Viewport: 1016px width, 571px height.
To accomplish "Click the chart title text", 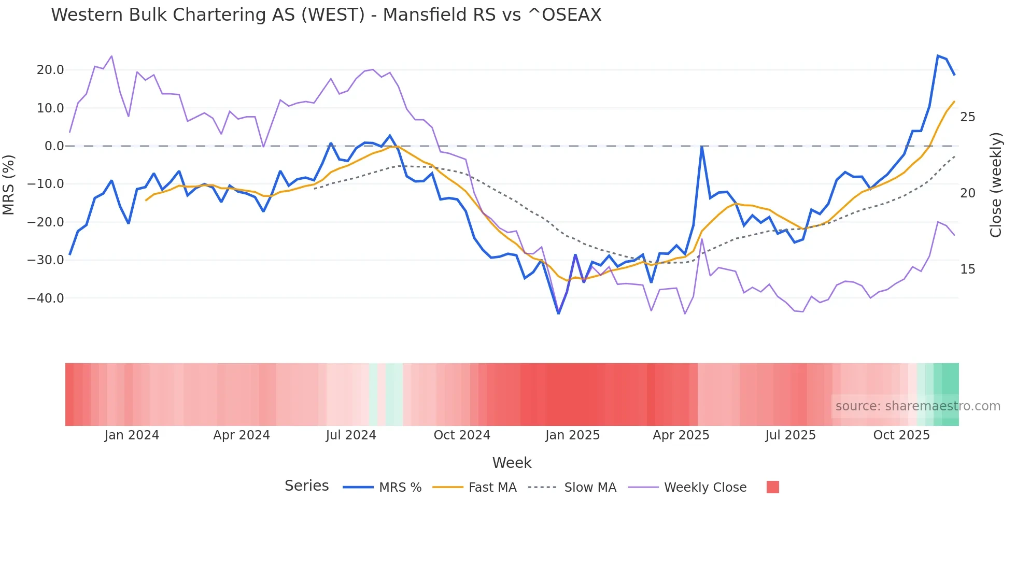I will tap(326, 15).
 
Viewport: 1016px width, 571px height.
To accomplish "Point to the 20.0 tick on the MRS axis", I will tap(50, 70).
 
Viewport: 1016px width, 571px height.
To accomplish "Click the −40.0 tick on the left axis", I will tap(46, 298).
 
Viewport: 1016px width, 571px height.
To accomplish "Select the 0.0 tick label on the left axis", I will tap(54, 146).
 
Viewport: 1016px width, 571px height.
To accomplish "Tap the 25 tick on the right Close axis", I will tap(967, 117).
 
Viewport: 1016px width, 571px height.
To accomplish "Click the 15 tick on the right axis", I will tap(967, 269).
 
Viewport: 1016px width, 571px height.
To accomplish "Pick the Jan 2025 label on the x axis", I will tap(572, 435).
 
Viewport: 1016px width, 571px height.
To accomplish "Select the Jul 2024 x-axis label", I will tap(351, 435).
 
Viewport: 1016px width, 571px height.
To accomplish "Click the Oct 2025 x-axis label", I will tap(901, 435).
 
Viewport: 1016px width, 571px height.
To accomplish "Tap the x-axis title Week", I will tap(512, 463).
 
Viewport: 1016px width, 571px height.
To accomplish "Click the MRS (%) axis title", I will tap(9, 184).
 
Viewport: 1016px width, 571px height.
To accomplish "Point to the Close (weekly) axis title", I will tap(995, 184).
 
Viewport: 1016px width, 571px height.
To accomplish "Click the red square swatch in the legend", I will tap(772, 487).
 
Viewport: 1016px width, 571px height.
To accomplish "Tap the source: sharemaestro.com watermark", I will tap(918, 406).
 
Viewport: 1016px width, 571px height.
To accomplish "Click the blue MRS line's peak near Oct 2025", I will tap(938, 56).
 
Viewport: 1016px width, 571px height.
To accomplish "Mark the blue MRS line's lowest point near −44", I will tap(558, 313).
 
